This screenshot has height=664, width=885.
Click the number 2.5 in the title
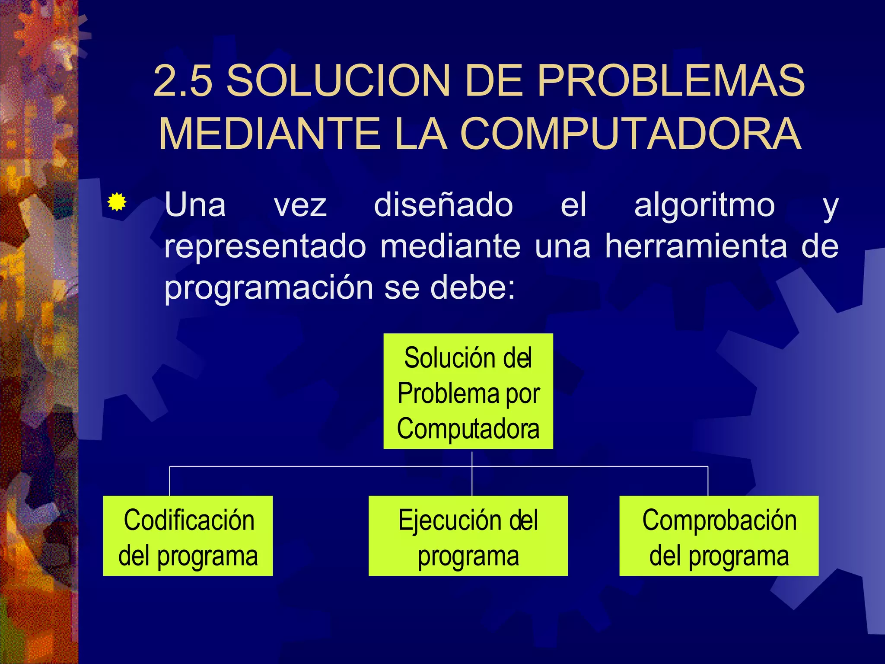point(183,81)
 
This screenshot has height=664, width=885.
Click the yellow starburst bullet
point(117,202)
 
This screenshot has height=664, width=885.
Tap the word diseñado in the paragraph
point(443,205)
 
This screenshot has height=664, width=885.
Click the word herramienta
point(696,246)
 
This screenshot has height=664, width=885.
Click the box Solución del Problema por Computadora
point(468,391)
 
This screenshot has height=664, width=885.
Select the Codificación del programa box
point(188,536)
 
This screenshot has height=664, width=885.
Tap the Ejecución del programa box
point(468,536)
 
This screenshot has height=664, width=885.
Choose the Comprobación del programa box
point(719,536)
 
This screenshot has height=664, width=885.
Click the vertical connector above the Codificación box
point(169,481)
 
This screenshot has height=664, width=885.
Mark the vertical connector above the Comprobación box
point(708,481)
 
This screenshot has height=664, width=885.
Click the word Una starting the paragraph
point(195,205)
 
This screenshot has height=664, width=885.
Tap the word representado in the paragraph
point(265,246)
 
